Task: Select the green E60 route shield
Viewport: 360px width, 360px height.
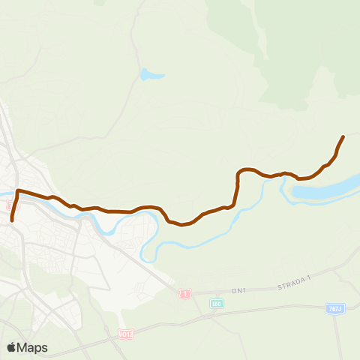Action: click(x=216, y=303)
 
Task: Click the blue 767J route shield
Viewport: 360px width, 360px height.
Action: click(x=334, y=307)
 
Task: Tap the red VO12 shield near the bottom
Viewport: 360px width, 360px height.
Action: click(x=125, y=333)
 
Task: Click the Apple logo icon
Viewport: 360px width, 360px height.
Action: click(x=12, y=347)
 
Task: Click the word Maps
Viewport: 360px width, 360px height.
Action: click(x=33, y=347)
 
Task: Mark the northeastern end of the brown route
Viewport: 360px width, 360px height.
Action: click(x=343, y=136)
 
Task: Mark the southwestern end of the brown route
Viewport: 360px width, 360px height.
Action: click(x=12, y=220)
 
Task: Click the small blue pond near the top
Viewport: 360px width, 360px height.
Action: click(x=150, y=75)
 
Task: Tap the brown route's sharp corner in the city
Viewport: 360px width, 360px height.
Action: click(x=17, y=191)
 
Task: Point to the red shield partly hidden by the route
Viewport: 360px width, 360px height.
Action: click(x=10, y=205)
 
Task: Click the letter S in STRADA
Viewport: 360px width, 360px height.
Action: click(x=279, y=287)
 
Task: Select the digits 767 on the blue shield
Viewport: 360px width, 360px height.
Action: click(x=333, y=307)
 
